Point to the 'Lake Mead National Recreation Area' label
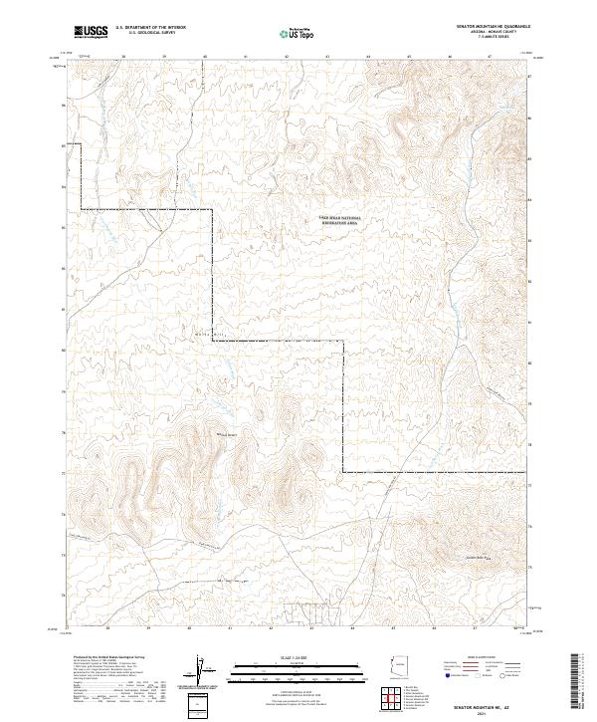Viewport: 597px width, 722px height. [339, 221]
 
